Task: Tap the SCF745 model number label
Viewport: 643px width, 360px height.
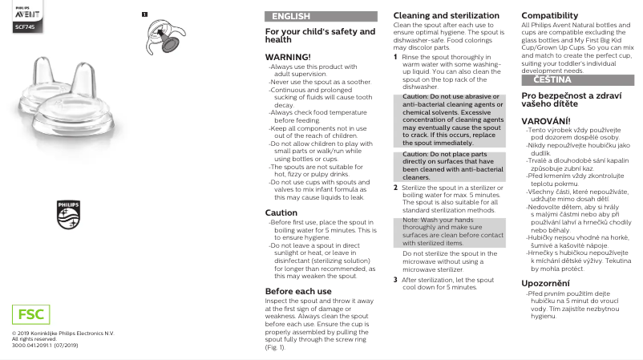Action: (24, 27)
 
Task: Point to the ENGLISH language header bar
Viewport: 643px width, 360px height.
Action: (321, 16)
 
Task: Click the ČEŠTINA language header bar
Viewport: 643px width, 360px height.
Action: (578, 80)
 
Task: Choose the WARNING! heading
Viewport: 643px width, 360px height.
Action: (287, 57)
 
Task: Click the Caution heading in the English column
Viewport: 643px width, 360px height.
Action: (281, 212)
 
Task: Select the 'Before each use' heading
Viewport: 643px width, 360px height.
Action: (298, 291)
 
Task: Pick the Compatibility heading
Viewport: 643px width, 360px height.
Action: (550, 16)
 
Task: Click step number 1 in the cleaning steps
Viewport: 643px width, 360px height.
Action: (395, 57)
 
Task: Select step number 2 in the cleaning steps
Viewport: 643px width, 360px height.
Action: (395, 187)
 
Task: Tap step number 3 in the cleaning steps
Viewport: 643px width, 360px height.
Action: (395, 280)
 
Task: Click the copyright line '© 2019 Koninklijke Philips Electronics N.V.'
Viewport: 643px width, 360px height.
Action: (63, 333)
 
